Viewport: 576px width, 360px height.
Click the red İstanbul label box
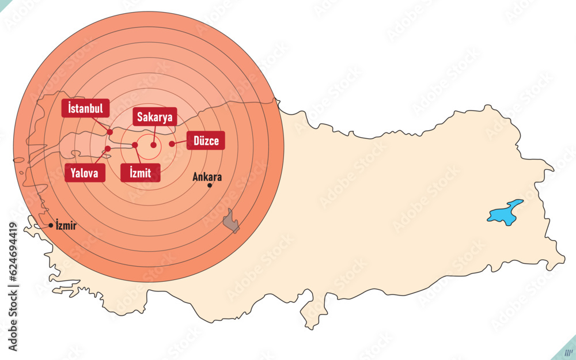click(x=85, y=108)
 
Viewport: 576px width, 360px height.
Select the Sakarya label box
click(x=154, y=118)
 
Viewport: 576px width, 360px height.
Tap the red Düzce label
click(x=206, y=141)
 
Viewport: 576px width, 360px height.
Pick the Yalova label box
click(x=85, y=172)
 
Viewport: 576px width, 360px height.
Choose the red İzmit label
click(x=141, y=172)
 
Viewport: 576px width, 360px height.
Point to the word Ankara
click(x=208, y=177)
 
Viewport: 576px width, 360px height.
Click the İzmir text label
click(x=66, y=225)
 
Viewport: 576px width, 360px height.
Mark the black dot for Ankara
click(x=210, y=185)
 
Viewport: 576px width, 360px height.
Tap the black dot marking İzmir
click(x=51, y=225)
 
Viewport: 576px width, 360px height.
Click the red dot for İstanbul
click(x=110, y=132)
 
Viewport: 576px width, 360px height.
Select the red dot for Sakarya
click(x=153, y=145)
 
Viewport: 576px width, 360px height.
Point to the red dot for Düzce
click(x=172, y=143)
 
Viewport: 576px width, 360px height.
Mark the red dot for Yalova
click(x=108, y=149)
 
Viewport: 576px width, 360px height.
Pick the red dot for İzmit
click(x=135, y=145)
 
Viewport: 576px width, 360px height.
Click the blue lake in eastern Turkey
click(x=505, y=212)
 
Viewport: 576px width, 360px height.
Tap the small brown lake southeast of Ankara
click(x=232, y=221)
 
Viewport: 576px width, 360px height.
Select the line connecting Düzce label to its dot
click(x=179, y=142)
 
